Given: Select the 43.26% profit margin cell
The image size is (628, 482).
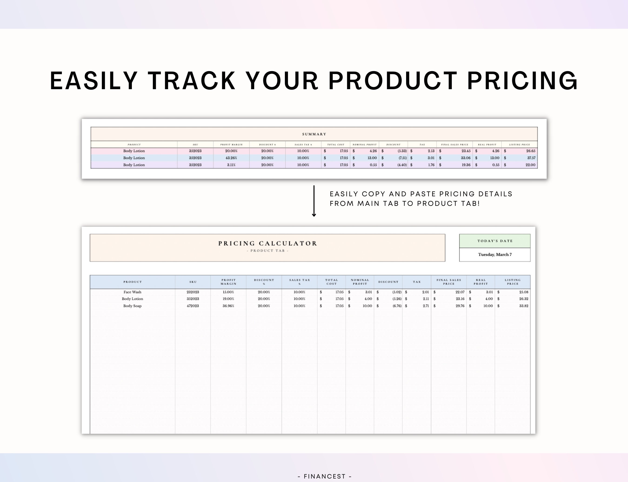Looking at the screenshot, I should pos(231,158).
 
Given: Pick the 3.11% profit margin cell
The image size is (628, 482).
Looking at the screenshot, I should pos(231,165).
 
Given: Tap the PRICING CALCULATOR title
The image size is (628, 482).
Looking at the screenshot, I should pos(267,244).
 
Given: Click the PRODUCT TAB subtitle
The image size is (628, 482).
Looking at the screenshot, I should pos(267,251).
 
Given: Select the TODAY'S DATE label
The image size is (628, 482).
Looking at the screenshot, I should pos(495,241).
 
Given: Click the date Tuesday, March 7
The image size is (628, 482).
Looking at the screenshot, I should pos(495,255).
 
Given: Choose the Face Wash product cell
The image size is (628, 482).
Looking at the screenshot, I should pos(132,292).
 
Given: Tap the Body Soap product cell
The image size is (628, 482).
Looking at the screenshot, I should pos(132,306).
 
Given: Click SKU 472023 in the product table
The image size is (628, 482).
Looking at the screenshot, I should pos(193,306).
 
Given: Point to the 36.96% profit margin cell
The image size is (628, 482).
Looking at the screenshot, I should pos(228,306).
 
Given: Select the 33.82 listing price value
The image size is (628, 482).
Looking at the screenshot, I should pos(524,306).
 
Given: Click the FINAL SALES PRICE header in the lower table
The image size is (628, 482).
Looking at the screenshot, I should pos(449,282).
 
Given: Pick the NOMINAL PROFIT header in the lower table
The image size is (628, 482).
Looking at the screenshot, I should pos(360,282).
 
